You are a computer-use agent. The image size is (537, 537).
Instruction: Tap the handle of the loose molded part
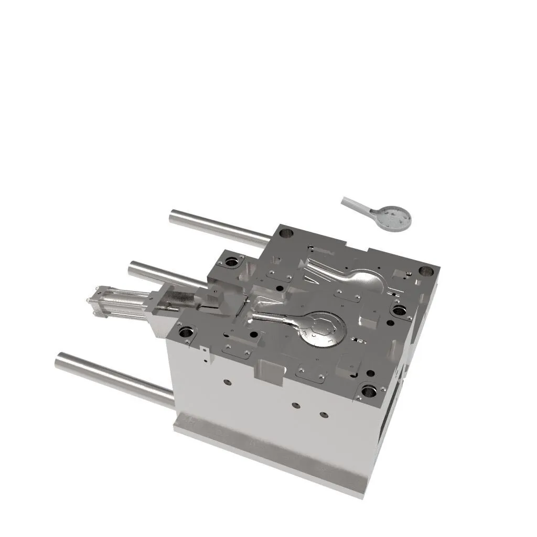357,205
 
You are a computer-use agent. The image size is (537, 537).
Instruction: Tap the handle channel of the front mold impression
273,318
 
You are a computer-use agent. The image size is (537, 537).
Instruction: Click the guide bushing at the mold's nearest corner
369,391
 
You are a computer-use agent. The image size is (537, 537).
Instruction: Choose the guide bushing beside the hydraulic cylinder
186,332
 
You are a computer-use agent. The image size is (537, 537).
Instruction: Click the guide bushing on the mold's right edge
399,310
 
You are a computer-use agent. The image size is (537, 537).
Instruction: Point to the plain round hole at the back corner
286,233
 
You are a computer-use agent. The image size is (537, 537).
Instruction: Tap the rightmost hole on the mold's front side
324,415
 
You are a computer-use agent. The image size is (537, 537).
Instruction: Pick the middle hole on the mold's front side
296,405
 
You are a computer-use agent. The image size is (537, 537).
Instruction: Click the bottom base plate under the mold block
273,456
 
